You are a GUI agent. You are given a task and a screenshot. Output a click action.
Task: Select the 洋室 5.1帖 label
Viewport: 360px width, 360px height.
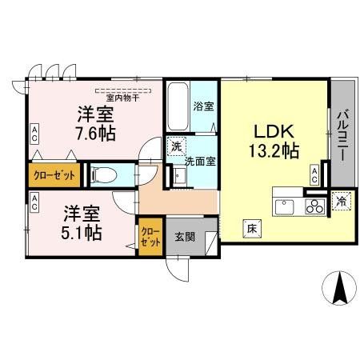82,223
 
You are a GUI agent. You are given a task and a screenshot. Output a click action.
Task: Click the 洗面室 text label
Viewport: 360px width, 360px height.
198,161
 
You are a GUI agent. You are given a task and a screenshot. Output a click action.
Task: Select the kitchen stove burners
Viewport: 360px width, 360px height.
314,206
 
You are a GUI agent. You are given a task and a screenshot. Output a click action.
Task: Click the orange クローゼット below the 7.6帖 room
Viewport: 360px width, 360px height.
54,174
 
